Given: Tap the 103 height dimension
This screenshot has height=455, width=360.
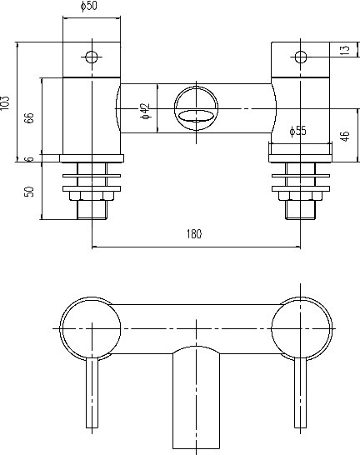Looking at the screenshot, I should coord(7,102).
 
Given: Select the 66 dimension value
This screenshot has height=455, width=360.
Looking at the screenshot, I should coord(29,117).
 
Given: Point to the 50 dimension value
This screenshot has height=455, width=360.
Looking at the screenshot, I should coord(29,191).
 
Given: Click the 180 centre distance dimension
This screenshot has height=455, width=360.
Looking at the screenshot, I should coord(194,235).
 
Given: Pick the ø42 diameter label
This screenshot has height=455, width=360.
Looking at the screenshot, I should coord(144,111).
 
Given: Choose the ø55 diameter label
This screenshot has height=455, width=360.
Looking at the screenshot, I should coord(298,131).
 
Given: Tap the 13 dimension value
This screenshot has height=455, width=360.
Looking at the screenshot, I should coord(345,51).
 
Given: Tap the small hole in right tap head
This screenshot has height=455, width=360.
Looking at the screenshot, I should coord(301,57).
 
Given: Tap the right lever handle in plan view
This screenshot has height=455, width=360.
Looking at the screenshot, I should coord(299,392).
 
